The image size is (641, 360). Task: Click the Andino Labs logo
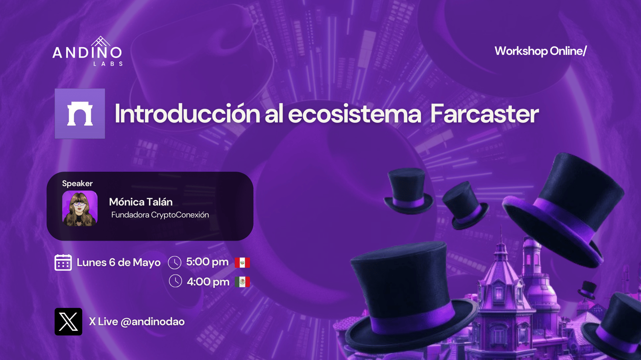click(x=88, y=51)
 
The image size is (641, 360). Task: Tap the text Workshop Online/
click(x=540, y=51)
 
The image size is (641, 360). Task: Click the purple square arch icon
click(x=80, y=114)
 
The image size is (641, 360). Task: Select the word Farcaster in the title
click(x=484, y=114)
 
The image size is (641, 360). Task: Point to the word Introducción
click(x=187, y=113)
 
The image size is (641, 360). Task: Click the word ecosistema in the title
click(x=354, y=114)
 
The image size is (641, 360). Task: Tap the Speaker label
click(x=77, y=183)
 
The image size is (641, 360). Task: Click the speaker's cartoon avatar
click(x=80, y=208)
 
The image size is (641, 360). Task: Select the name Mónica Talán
click(x=141, y=202)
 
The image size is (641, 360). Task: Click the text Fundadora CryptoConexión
click(x=160, y=215)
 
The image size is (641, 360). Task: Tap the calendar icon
click(x=63, y=262)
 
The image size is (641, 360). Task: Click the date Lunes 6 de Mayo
click(x=119, y=263)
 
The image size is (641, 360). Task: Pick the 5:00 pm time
click(x=207, y=262)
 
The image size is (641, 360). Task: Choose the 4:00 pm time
click(x=208, y=282)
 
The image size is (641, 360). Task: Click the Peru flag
click(x=242, y=263)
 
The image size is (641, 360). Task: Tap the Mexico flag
click(x=242, y=282)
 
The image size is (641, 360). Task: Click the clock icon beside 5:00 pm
click(x=175, y=263)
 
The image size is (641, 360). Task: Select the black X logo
click(x=69, y=322)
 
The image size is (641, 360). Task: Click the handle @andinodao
click(x=153, y=322)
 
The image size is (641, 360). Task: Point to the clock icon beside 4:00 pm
click(x=175, y=281)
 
